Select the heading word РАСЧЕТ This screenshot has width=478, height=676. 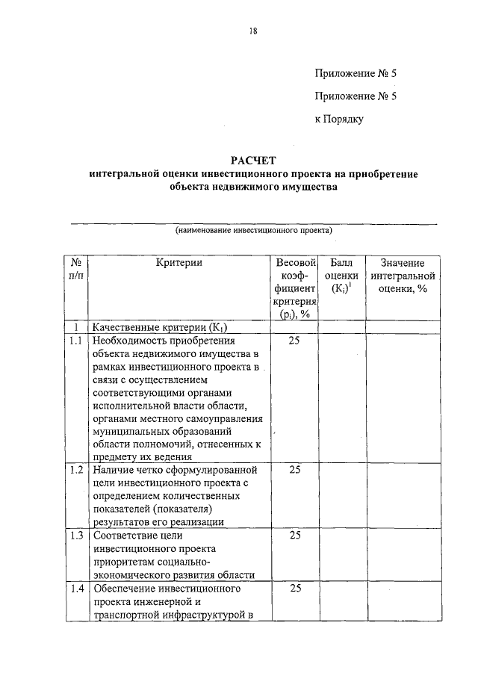coord(253,160)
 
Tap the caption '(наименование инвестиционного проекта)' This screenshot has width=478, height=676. coord(253,231)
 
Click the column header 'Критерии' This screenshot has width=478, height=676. coord(179,263)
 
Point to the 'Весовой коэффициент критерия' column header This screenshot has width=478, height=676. coord(294,288)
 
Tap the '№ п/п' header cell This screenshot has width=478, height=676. coord(76,269)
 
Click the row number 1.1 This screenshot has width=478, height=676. coord(75,341)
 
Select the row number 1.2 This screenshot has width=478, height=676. coord(75,470)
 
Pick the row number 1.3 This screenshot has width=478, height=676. coord(75,535)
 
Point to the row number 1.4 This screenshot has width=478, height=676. coord(75,589)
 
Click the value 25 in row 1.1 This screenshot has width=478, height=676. coord(294,341)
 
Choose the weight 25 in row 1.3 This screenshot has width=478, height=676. coord(294,535)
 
